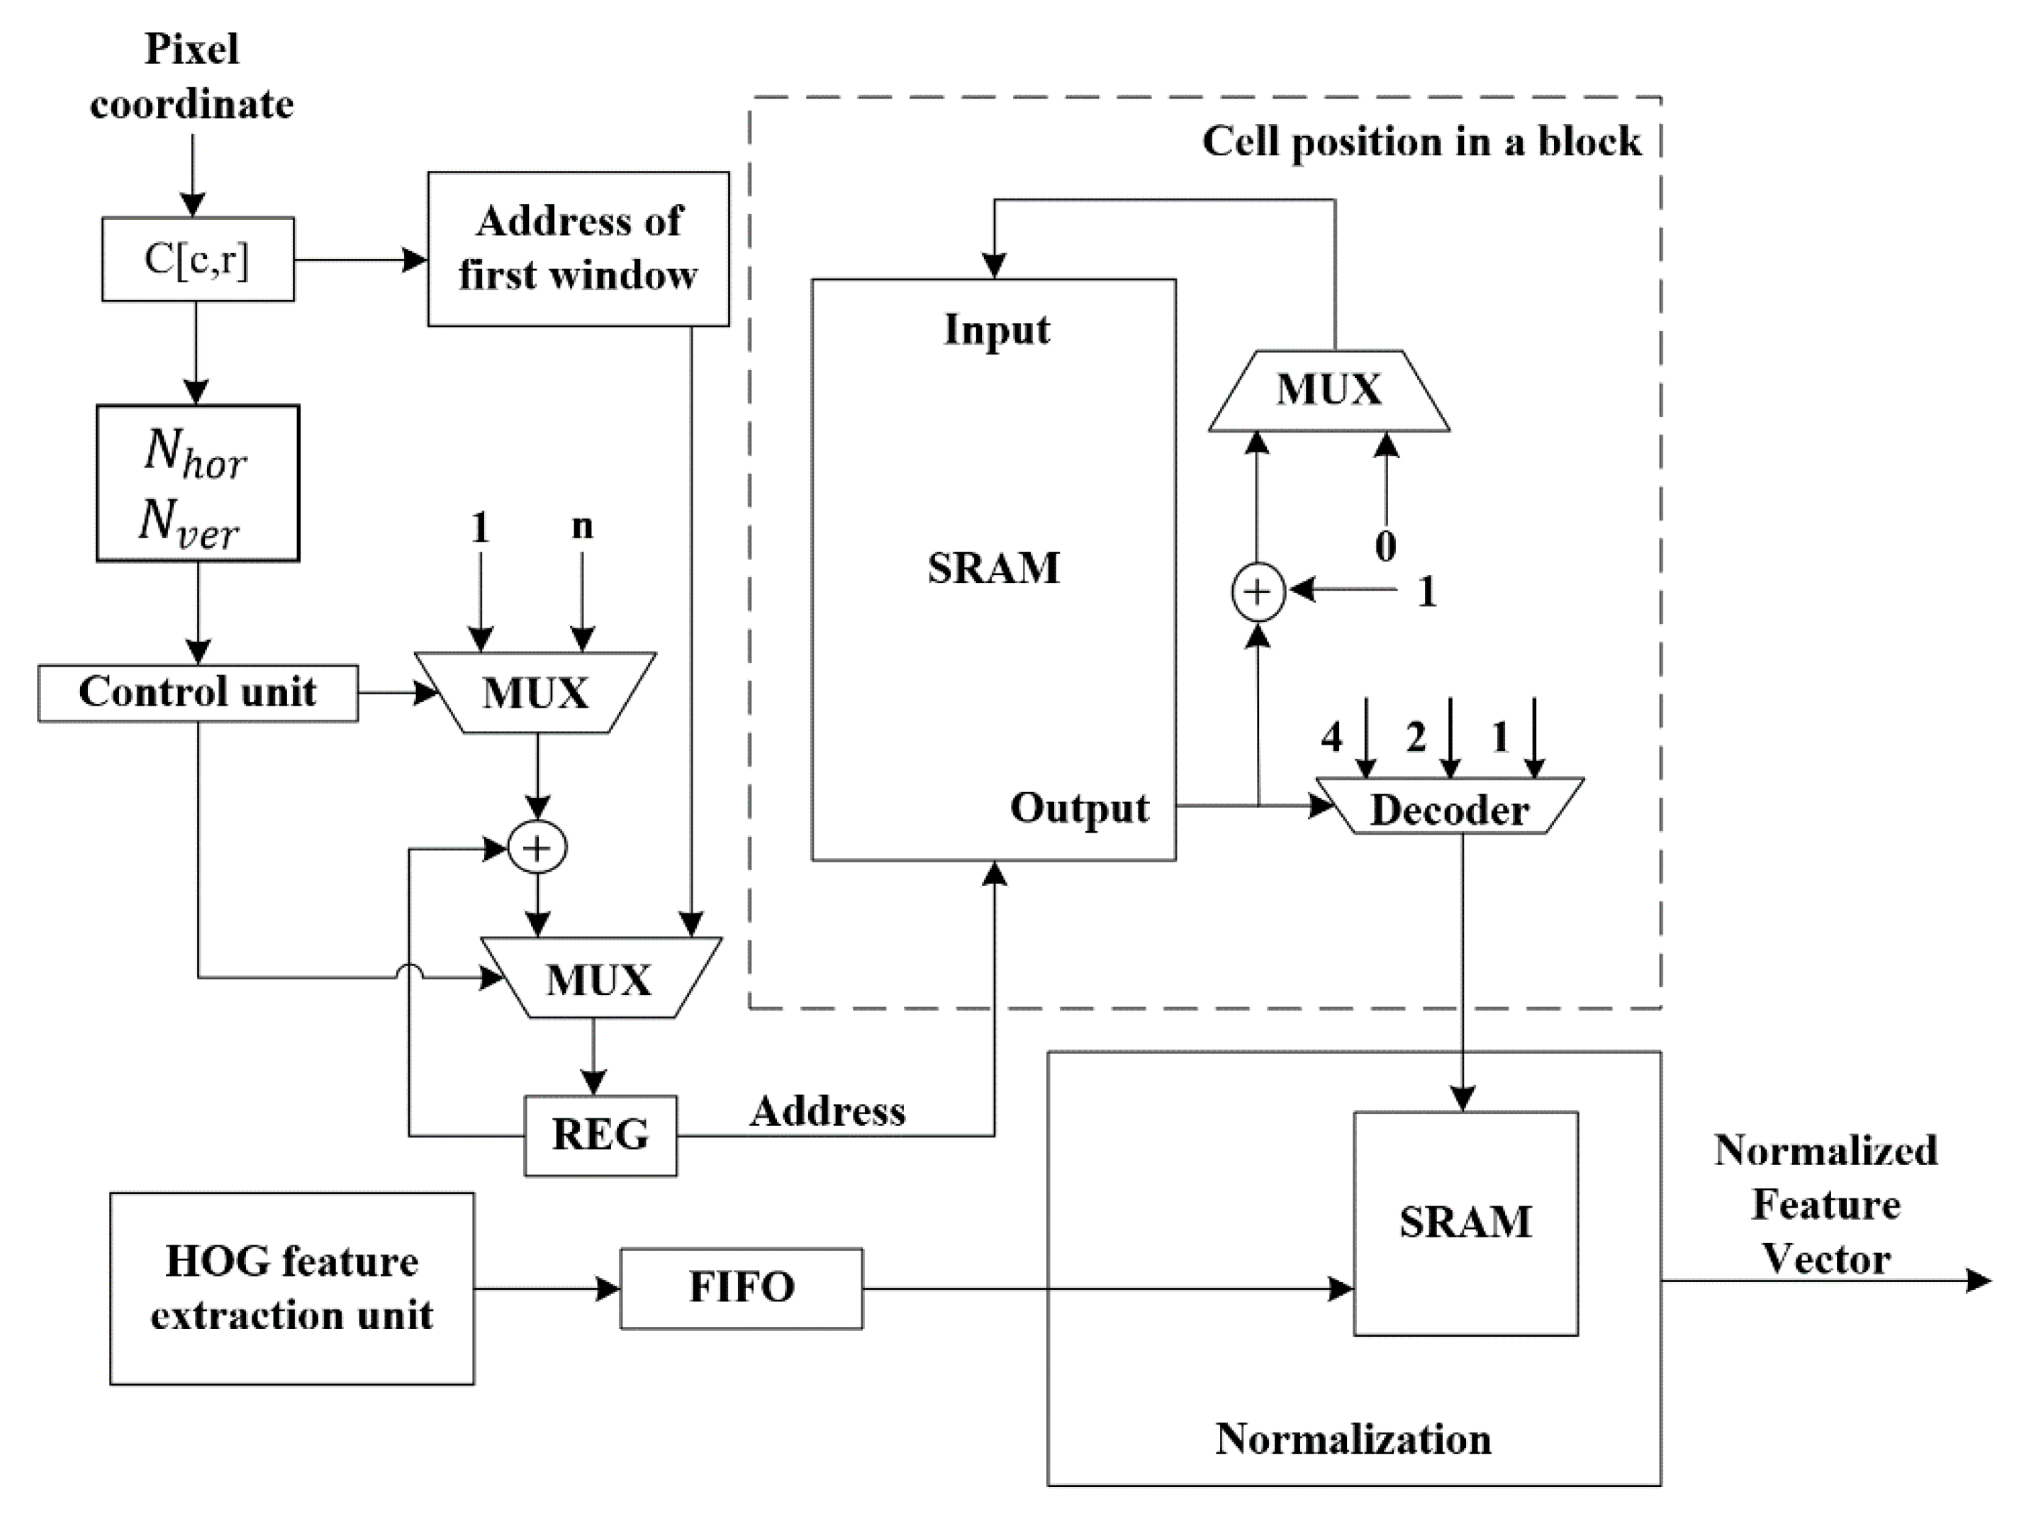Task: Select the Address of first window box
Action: [578, 248]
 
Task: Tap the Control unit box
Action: [198, 693]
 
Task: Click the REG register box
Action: [600, 1135]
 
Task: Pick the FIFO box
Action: [741, 1288]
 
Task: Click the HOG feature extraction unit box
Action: [292, 1289]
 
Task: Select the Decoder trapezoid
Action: [1449, 807]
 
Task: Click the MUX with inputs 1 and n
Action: [535, 693]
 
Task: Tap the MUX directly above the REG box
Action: [600, 978]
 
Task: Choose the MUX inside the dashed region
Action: [1329, 391]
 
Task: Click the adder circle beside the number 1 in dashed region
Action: [1258, 592]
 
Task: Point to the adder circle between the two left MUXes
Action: [537, 848]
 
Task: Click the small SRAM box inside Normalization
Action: [1465, 1223]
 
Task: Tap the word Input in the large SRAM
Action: [997, 330]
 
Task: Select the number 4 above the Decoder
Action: [1331, 737]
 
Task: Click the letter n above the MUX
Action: [582, 526]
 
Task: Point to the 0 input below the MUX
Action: [1385, 546]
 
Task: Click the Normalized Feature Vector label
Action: [1825, 1204]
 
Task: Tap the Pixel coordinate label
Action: [192, 76]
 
